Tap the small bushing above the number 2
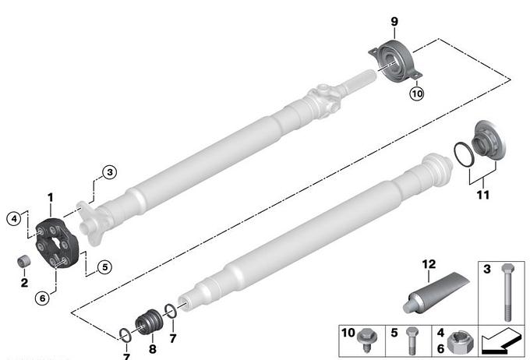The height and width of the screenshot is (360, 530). tap(23, 261)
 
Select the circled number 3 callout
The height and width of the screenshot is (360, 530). tap(110, 172)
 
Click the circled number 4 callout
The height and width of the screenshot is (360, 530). tap(14, 219)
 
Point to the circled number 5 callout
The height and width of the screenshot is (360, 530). tap(104, 267)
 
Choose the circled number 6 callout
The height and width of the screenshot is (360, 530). tap(42, 298)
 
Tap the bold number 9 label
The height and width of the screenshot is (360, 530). tap(394, 22)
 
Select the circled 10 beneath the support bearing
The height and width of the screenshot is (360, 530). tap(417, 94)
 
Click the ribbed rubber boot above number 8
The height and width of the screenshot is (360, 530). tap(149, 322)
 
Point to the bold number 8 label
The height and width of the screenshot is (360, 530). tap(153, 348)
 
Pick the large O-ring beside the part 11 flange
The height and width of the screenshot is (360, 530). tap(464, 154)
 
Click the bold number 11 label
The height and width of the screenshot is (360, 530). tap(483, 195)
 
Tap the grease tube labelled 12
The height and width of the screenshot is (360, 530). tap(436, 293)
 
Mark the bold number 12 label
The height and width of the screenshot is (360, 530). tap(429, 264)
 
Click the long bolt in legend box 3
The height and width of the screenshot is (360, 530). tap(507, 292)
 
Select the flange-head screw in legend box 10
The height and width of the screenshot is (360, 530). tap(366, 340)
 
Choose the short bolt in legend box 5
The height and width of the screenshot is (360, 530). tap(412, 341)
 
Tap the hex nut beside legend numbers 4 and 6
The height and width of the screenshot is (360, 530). tap(460, 342)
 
